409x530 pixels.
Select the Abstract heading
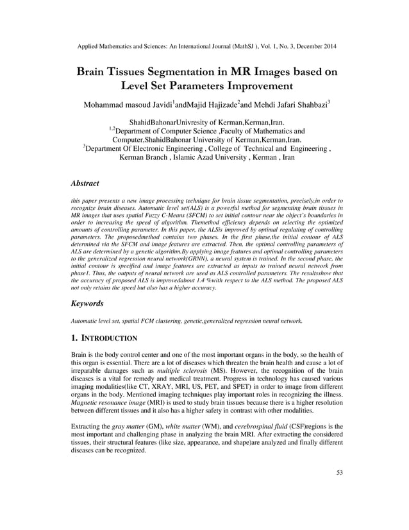point(85,184)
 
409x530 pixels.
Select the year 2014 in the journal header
point(325,46)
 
